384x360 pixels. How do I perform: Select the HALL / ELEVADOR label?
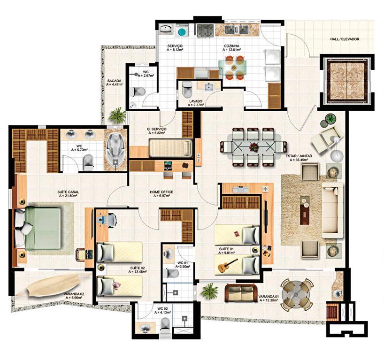[x=345, y=39]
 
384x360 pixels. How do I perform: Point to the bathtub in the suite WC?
[x=115, y=149]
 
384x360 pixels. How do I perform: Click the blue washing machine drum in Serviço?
[x=182, y=31]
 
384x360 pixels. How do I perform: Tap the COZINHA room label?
[x=231, y=46]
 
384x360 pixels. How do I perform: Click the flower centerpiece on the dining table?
[x=253, y=147]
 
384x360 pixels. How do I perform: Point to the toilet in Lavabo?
[x=187, y=89]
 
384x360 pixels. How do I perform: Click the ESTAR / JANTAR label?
[x=299, y=156]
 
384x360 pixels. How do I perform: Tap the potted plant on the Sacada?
[x=118, y=115]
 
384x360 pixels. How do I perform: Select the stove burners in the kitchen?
[x=206, y=31]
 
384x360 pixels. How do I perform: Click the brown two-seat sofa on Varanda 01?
[x=241, y=293]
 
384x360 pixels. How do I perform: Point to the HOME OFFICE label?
[x=161, y=192]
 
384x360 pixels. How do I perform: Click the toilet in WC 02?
[x=165, y=324]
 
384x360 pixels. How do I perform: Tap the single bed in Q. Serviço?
[x=171, y=148]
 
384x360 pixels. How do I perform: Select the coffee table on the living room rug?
[x=305, y=210]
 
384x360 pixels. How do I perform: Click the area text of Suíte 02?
[x=138, y=272]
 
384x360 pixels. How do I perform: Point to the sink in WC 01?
[x=168, y=254]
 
